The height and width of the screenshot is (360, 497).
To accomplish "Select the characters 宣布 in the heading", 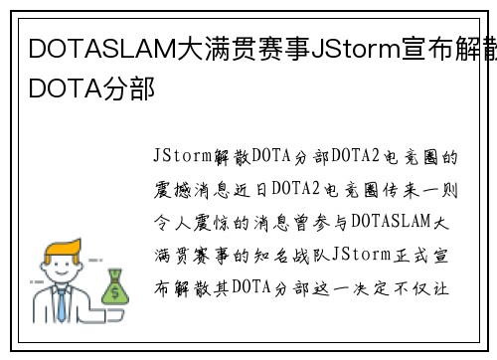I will pos(418,48).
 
